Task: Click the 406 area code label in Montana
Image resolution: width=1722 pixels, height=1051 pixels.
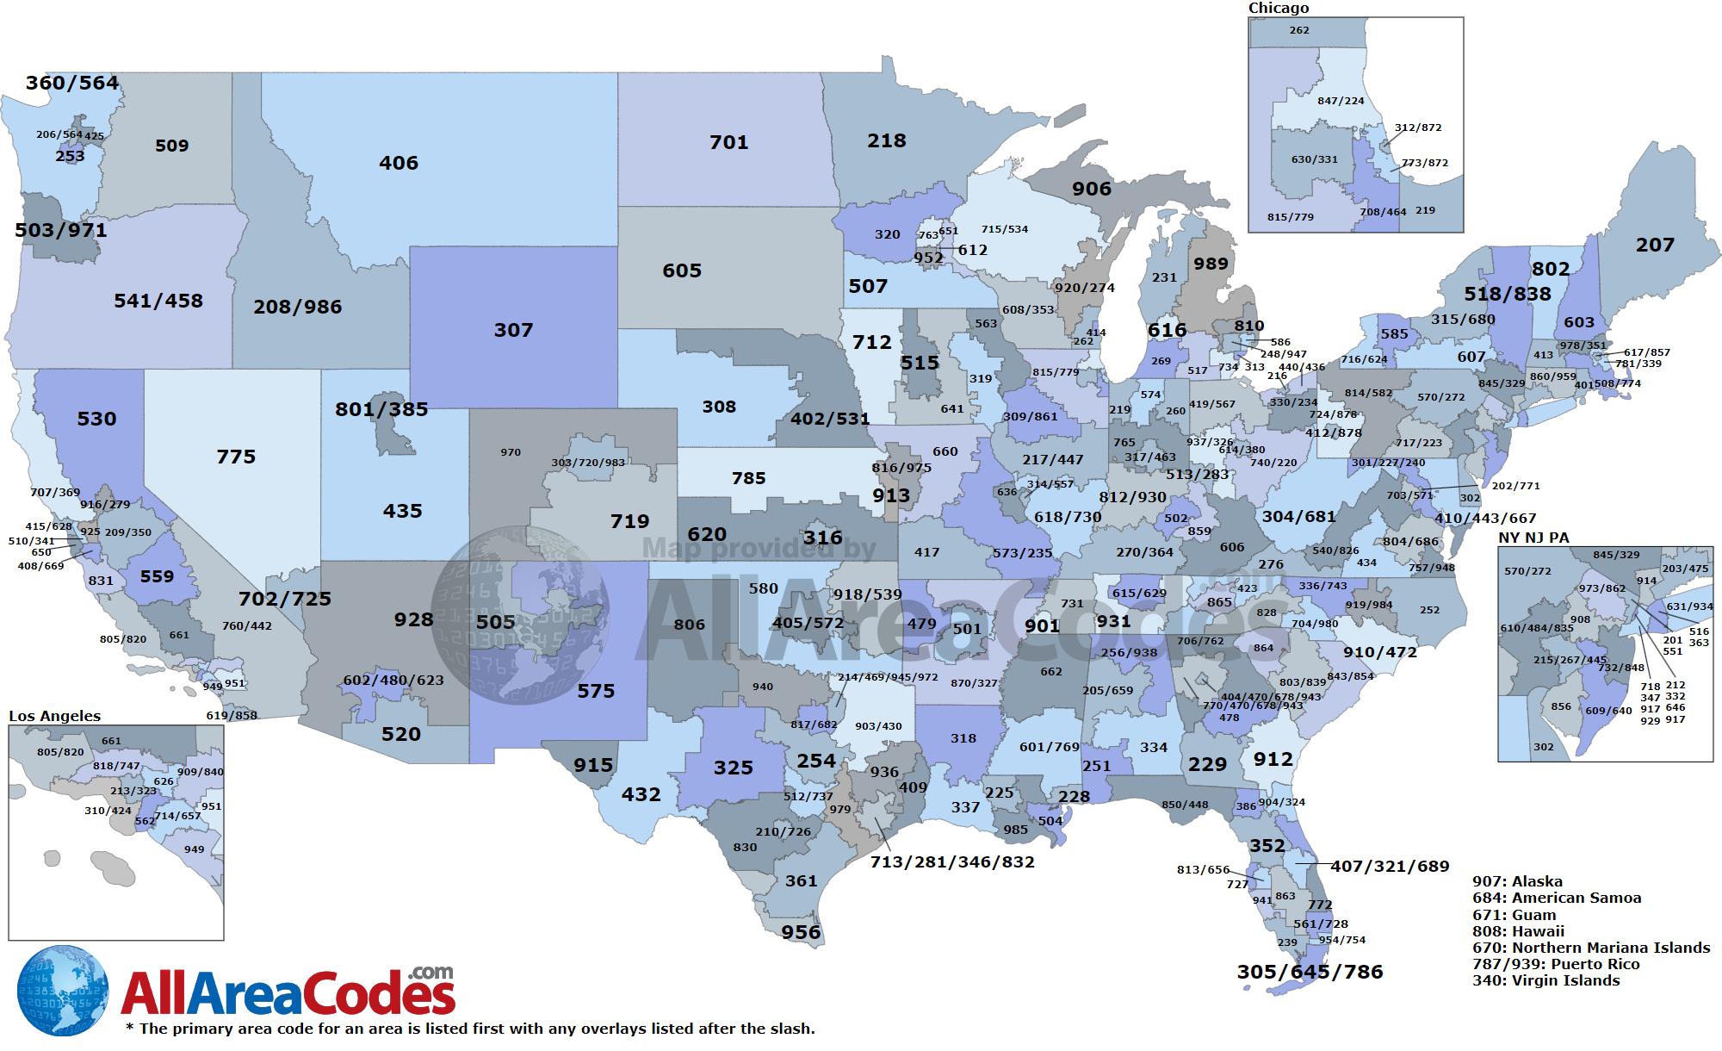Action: point(399,163)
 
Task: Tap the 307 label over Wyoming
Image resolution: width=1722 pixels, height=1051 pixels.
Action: point(513,330)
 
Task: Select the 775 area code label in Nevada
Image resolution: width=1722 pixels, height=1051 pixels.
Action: point(236,457)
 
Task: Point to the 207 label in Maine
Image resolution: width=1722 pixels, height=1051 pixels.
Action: point(1655,245)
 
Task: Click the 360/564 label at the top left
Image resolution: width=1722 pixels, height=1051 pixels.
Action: point(72,83)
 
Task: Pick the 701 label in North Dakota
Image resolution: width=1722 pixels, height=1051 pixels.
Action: point(728,142)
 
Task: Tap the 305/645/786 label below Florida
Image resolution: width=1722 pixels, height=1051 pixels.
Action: point(1310,972)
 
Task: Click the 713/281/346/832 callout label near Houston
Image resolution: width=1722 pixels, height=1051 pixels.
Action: point(952,861)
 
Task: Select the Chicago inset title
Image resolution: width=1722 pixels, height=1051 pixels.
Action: point(1279,8)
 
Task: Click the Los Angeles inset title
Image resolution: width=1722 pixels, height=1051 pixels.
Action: point(54,716)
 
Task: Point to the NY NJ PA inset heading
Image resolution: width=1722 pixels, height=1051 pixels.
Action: point(1533,538)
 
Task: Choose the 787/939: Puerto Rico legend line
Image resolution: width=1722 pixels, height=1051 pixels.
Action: point(1556,964)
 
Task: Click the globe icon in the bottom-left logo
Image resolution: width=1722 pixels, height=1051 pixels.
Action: point(62,991)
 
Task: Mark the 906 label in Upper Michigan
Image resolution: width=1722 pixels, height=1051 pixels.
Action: point(1091,189)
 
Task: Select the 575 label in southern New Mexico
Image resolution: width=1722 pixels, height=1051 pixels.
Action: point(596,691)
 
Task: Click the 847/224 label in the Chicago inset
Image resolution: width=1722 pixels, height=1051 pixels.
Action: point(1341,101)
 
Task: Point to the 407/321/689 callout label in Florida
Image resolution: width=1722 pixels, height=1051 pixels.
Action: point(1390,866)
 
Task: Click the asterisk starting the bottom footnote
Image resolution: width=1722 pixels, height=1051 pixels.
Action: point(130,1027)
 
